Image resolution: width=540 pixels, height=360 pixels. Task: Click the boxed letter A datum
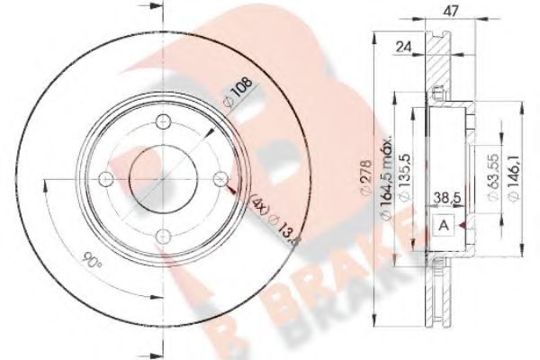pos(444,228)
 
